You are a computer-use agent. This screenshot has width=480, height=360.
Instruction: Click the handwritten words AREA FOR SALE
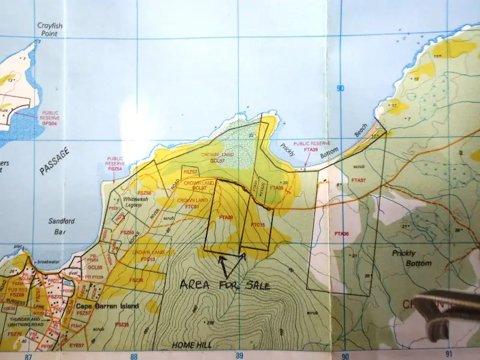pos(224,284)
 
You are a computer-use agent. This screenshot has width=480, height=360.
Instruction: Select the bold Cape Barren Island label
pos(108,306)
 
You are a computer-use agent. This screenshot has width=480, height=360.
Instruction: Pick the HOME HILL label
pos(190,345)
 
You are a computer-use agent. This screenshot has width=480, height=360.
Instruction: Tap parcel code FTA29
pos(226,217)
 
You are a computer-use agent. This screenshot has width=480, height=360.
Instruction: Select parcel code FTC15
pos(258,224)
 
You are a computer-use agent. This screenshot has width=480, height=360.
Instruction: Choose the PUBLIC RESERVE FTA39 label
pos(311,146)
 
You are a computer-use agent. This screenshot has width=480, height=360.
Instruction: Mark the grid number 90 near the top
pos(341,89)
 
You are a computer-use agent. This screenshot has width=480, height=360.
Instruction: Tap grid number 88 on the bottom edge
pos(134,356)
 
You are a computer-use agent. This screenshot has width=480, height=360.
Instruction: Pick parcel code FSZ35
pos(122,324)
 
